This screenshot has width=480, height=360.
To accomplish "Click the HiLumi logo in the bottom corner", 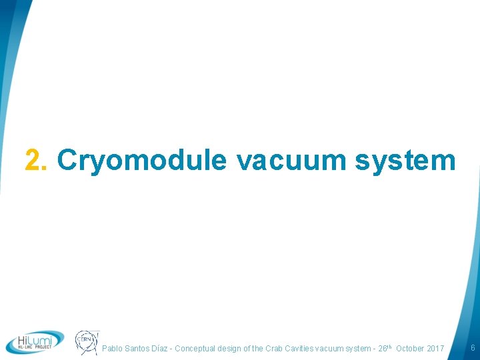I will coord(35,341).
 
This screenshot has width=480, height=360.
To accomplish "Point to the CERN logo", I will coord(87,341).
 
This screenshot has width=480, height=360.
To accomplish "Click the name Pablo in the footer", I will coord(113,349).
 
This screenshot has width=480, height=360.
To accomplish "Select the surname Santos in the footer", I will coord(139,349).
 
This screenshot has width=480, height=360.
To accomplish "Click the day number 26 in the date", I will coord(383,349).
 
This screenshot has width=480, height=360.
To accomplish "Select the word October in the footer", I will coord(409,349).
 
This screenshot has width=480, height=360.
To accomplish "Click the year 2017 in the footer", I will coord(435,349).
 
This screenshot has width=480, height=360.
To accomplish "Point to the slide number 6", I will coord(472,348).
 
